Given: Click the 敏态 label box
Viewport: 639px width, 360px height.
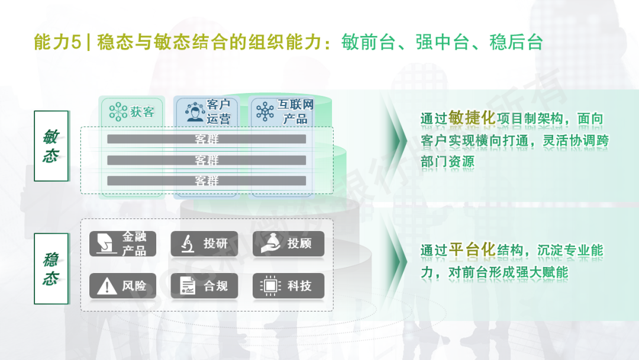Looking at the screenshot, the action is [51, 146].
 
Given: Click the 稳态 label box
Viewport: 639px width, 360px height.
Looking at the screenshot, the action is [51, 269].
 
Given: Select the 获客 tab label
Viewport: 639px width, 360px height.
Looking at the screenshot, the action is [142, 112].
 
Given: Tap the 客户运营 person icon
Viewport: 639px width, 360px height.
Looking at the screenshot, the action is [195, 112].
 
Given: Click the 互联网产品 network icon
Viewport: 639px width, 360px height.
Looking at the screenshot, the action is [265, 111].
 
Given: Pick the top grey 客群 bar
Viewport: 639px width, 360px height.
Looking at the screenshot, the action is [206, 139].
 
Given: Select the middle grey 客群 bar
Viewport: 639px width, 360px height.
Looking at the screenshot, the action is [206, 160].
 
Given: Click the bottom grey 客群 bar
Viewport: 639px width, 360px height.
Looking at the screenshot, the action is [206, 181].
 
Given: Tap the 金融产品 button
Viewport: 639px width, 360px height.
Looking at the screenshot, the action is [122, 244].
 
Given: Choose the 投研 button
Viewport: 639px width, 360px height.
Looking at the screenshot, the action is [204, 244].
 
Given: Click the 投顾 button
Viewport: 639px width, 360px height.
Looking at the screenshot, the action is [289, 244].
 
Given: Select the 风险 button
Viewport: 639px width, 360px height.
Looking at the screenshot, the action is [122, 286].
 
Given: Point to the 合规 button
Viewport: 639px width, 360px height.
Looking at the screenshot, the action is [204, 286].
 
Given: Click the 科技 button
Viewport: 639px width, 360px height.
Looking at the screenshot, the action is [289, 286].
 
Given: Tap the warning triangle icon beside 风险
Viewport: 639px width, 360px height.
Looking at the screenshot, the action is [106, 286].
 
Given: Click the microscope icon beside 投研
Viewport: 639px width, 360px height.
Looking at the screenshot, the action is [188, 244].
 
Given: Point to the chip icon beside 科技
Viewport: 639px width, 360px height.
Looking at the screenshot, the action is [270, 286].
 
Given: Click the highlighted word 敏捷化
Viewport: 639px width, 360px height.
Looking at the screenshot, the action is [472, 118].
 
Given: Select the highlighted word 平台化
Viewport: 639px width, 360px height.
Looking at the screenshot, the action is [472, 249].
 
